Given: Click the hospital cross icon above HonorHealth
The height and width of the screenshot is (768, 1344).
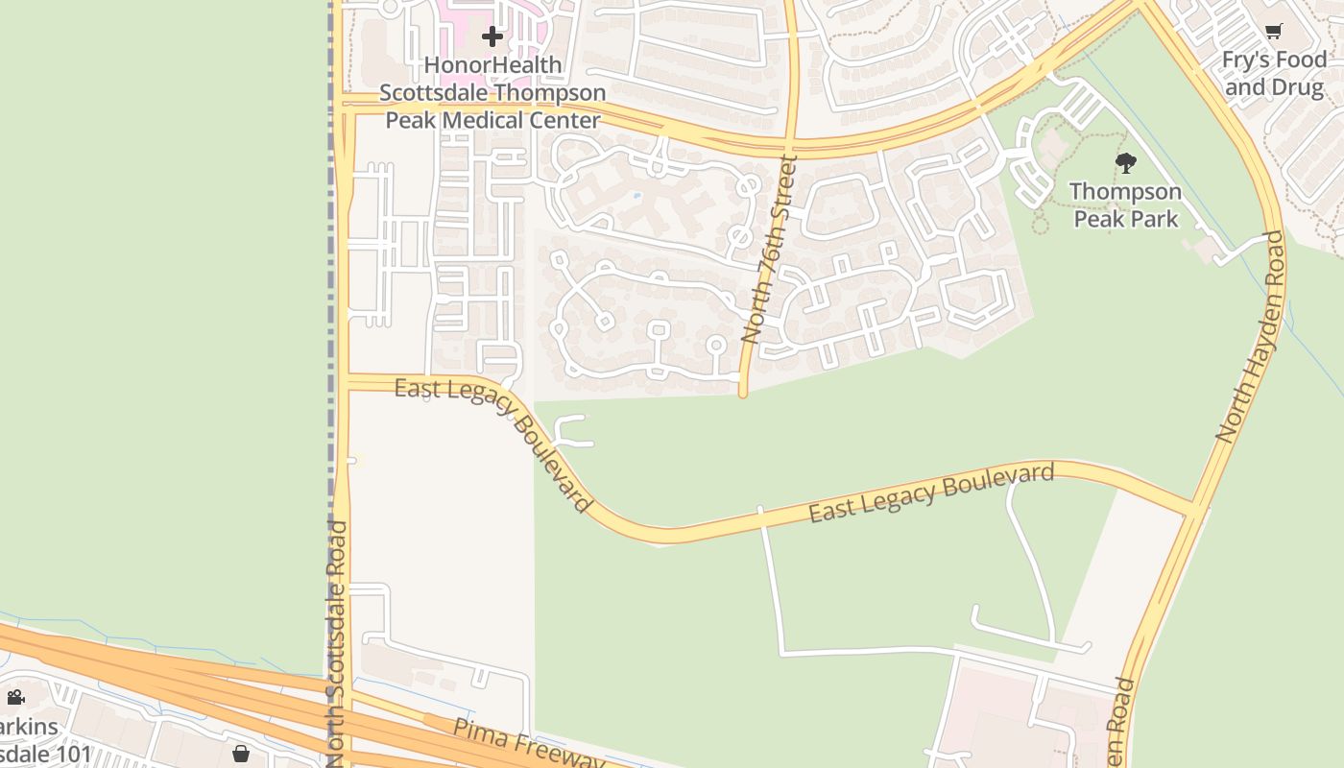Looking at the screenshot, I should pos(492,37).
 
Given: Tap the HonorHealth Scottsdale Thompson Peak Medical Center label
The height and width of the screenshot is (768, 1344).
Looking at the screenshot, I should pos(492,93).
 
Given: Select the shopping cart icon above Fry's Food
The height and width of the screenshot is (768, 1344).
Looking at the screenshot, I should pos(1274,32).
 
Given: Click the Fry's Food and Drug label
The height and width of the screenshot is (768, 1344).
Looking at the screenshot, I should pos(1273,74).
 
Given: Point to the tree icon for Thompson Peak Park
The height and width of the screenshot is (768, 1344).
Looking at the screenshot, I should pos(1126,162).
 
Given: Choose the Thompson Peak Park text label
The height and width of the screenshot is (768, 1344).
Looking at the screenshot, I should pos(1126,204).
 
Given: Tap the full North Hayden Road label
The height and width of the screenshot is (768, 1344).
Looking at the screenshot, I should pos(1250,336).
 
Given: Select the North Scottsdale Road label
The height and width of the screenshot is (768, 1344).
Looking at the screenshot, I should pos(338,643).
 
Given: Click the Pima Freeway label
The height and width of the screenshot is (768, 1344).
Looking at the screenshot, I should pos(529,743).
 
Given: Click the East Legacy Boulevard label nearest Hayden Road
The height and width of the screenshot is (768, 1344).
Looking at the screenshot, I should pos(931,492).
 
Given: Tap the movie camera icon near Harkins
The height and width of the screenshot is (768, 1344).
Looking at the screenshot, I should pos(15,697).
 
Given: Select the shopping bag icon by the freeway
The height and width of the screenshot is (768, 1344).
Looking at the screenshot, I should pos(241,754).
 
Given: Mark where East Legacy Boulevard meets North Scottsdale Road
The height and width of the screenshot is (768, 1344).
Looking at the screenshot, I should pos(344,383).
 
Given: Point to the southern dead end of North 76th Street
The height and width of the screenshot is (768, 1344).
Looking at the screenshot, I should pos(743,393).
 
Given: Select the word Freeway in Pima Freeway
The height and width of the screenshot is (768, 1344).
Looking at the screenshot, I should pos(566,753).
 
